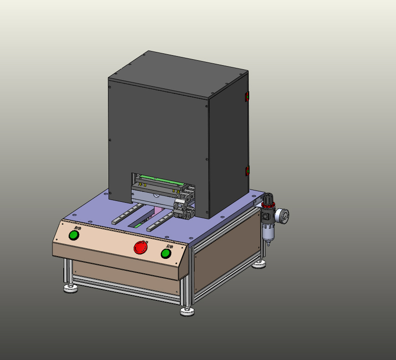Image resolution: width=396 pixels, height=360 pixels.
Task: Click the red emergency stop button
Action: tap(141, 247)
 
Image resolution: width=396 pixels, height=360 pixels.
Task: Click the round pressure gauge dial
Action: tap(283, 216)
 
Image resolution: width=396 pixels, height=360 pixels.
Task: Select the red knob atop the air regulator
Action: tap(268, 199)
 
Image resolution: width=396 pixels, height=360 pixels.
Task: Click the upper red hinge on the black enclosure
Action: tap(247, 97)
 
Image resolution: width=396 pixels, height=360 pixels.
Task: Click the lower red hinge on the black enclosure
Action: tap(247, 171)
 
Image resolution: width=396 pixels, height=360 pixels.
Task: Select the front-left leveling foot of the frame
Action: tap(70, 288)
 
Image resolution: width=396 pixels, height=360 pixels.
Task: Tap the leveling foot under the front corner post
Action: tap(187, 312)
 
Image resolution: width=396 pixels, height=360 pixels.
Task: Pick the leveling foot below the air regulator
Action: tap(260, 264)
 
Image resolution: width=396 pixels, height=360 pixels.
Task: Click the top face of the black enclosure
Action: tap(178, 73)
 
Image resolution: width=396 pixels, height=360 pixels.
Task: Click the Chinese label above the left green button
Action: tap(78, 228)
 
